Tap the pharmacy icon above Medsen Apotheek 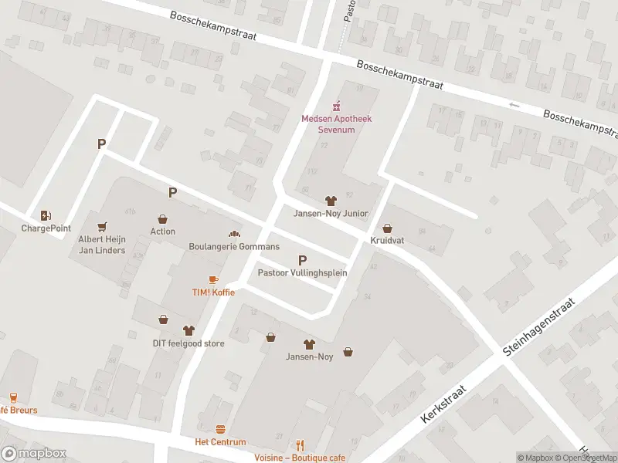coord(336,106)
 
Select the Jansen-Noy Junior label coord(331,214)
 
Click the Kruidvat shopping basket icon coord(387,228)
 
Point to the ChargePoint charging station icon coord(46,216)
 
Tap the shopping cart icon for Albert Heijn coord(101,227)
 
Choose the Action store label coord(162,231)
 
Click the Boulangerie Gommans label coord(223,247)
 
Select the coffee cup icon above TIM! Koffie coord(213,279)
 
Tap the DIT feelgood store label coord(188,343)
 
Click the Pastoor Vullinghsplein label coord(302,272)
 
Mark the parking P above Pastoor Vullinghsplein coord(302,260)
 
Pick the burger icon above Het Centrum coord(220,430)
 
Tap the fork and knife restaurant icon coord(300,445)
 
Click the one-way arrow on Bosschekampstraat coord(515,105)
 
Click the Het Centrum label coord(220,442)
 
